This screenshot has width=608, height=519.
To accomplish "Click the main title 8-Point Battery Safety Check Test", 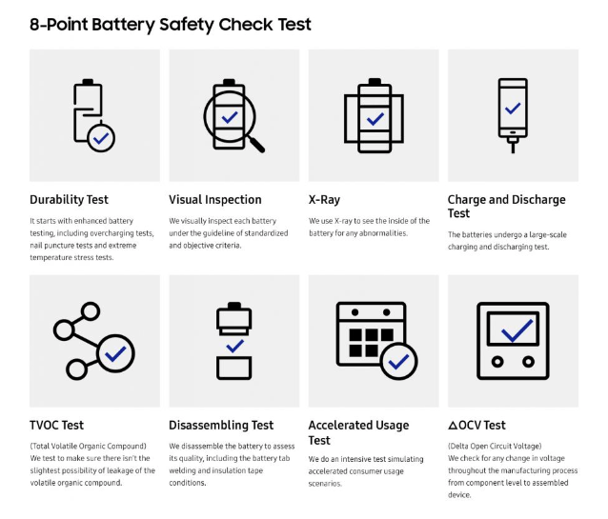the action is coord(171,24).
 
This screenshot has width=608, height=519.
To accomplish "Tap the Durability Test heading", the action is coord(69,200).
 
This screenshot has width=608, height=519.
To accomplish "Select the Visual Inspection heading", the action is coord(215,200).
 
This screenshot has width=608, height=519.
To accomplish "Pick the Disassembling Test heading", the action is coord(221,425).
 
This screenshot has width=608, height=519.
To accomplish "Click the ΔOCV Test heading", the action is coord(476,425).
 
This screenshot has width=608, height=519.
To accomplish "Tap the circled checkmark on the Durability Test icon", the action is coord(101,138).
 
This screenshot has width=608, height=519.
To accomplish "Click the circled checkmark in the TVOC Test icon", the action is coord(116,354).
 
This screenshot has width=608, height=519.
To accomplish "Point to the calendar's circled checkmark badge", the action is coord(398,362).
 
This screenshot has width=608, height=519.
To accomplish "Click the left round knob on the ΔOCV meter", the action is coord(497,364).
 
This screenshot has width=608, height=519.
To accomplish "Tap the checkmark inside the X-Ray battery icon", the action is coord(375,118).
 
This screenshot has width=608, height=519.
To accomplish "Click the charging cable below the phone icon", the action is coord(513,144).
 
